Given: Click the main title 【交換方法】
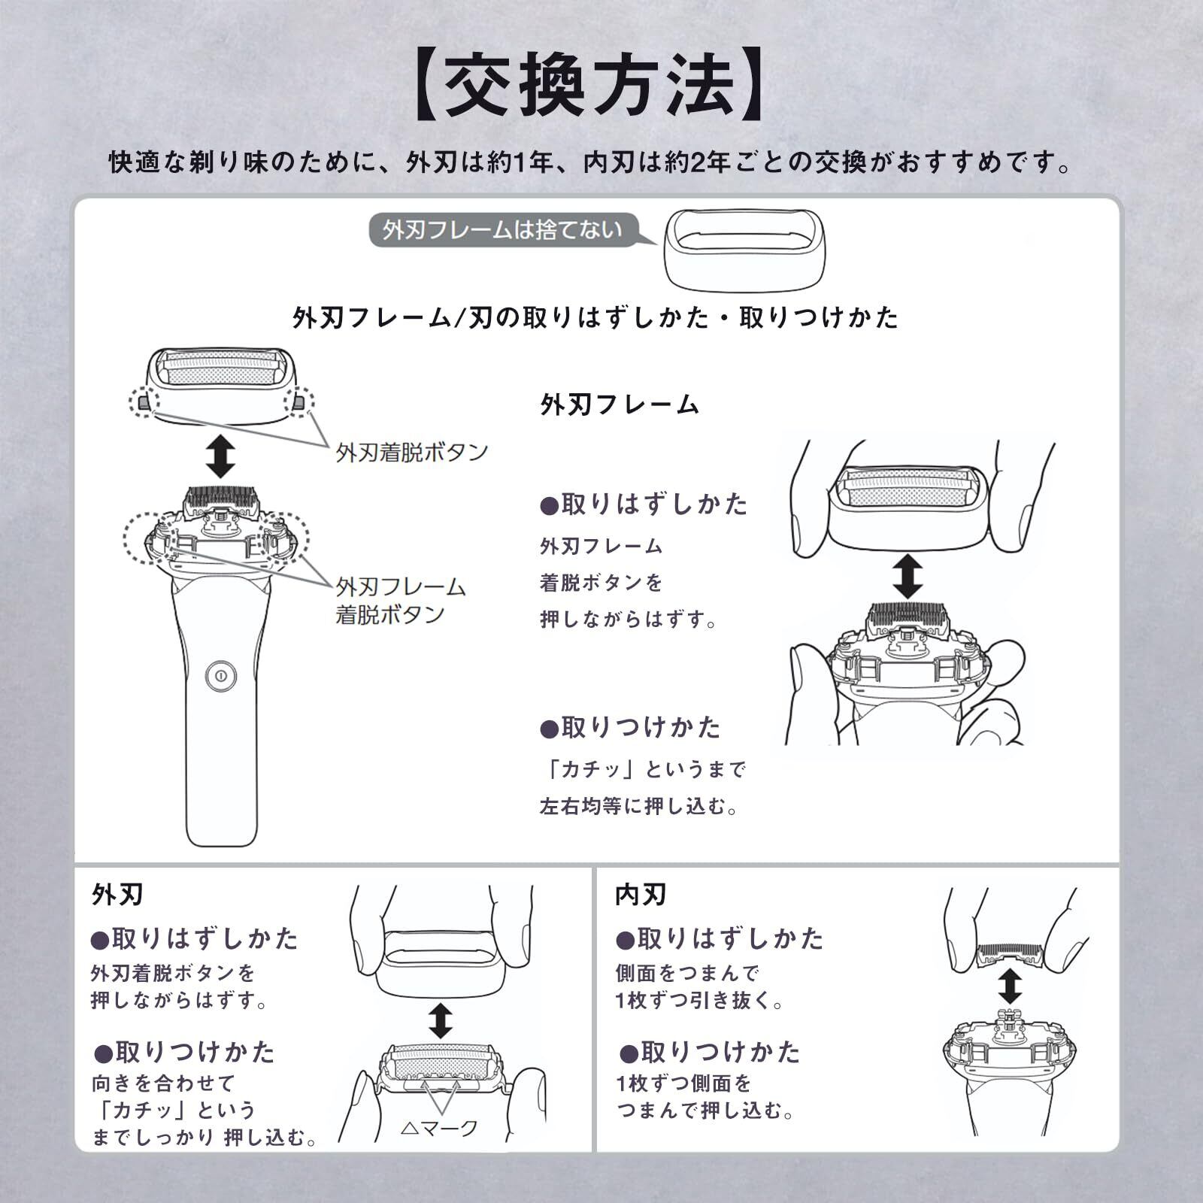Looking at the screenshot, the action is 590,84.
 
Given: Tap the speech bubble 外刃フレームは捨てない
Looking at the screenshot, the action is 502,230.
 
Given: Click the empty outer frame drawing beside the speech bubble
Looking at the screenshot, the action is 744,251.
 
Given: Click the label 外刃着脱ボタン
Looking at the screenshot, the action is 411,453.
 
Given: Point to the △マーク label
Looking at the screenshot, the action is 439,1128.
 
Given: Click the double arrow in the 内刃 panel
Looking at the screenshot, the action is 1011,986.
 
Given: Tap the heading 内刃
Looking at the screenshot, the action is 641,895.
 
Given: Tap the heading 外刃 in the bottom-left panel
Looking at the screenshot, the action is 117,895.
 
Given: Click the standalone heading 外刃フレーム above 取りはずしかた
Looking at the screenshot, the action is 620,405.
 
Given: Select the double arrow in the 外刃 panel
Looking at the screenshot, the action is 440,1020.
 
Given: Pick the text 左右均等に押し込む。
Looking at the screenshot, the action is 641,807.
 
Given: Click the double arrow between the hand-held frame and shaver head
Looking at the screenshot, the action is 908,577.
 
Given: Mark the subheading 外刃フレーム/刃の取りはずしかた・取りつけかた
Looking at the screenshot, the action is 595,318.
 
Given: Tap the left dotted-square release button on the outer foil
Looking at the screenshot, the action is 144,402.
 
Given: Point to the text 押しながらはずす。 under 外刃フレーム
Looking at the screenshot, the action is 630,620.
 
